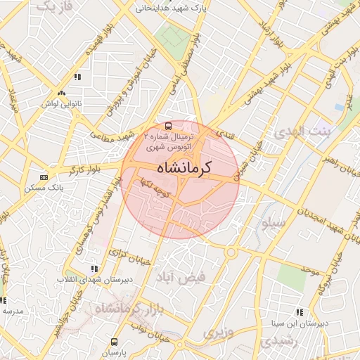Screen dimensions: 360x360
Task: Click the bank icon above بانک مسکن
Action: coord(45,176)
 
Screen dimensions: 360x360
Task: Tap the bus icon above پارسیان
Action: coord(114,342)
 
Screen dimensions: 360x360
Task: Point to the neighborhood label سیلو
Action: coord(272,225)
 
